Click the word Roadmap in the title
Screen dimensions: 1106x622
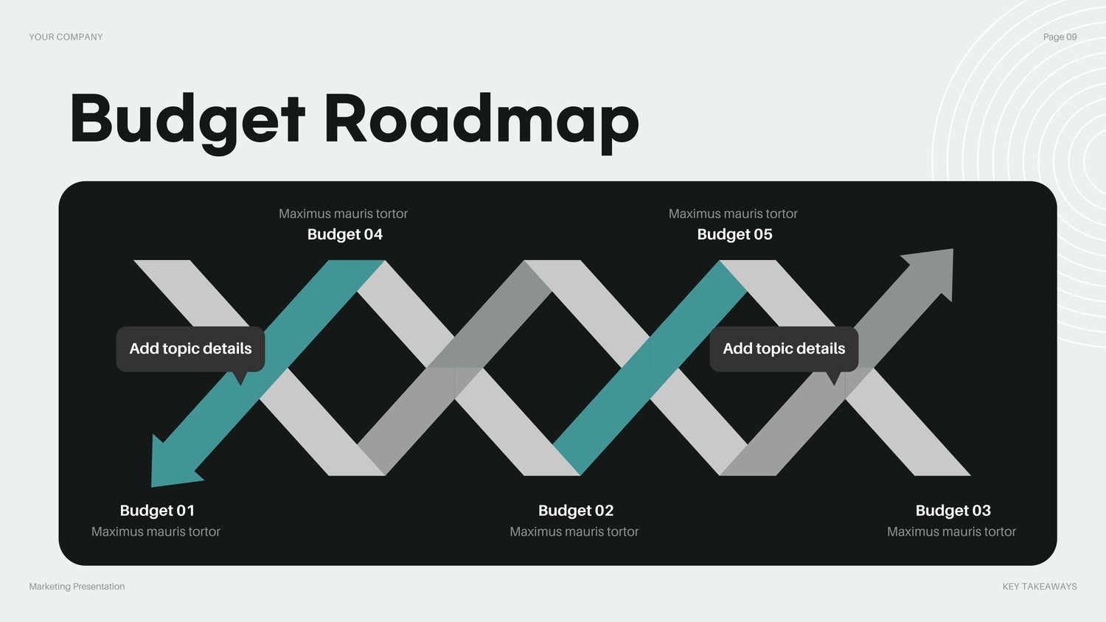click(481, 122)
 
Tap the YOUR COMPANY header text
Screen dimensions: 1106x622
click(66, 37)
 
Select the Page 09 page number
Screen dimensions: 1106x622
click(1060, 37)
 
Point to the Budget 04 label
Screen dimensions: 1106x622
click(344, 234)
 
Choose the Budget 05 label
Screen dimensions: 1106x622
click(734, 234)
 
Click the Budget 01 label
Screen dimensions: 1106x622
click(157, 510)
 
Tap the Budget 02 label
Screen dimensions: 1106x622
click(576, 510)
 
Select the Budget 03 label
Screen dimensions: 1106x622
click(953, 510)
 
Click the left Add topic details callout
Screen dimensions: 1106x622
click(190, 349)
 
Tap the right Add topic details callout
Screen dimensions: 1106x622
click(784, 349)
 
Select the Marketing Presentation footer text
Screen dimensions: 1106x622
click(77, 587)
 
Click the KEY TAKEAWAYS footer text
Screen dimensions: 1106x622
click(1040, 587)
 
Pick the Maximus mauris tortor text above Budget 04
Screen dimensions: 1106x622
click(343, 214)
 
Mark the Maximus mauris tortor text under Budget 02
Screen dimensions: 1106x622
click(574, 531)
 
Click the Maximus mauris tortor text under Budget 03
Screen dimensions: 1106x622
click(951, 531)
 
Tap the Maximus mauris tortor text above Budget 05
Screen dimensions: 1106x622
click(733, 214)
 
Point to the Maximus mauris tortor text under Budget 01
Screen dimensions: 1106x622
click(156, 531)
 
